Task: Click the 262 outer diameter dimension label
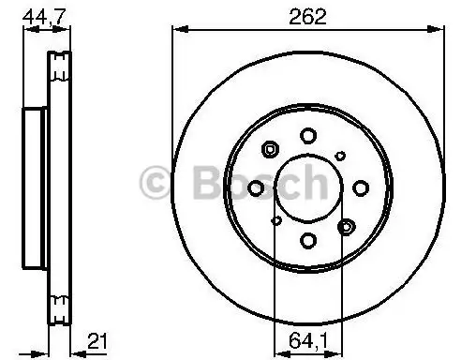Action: pyautogui.click(x=307, y=17)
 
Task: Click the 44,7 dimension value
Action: pyautogui.click(x=44, y=17)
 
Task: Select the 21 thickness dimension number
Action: pyautogui.click(x=97, y=341)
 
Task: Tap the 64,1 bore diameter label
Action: pyautogui.click(x=308, y=340)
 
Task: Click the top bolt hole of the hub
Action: pyautogui.click(x=308, y=136)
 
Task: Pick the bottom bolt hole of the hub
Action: pyautogui.click(x=308, y=241)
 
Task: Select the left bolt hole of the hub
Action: pyautogui.click(x=256, y=188)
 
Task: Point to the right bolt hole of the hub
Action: pyautogui.click(x=361, y=188)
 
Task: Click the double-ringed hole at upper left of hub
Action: pyautogui.click(x=270, y=149)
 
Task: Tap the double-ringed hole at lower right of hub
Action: pyautogui.click(x=347, y=227)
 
